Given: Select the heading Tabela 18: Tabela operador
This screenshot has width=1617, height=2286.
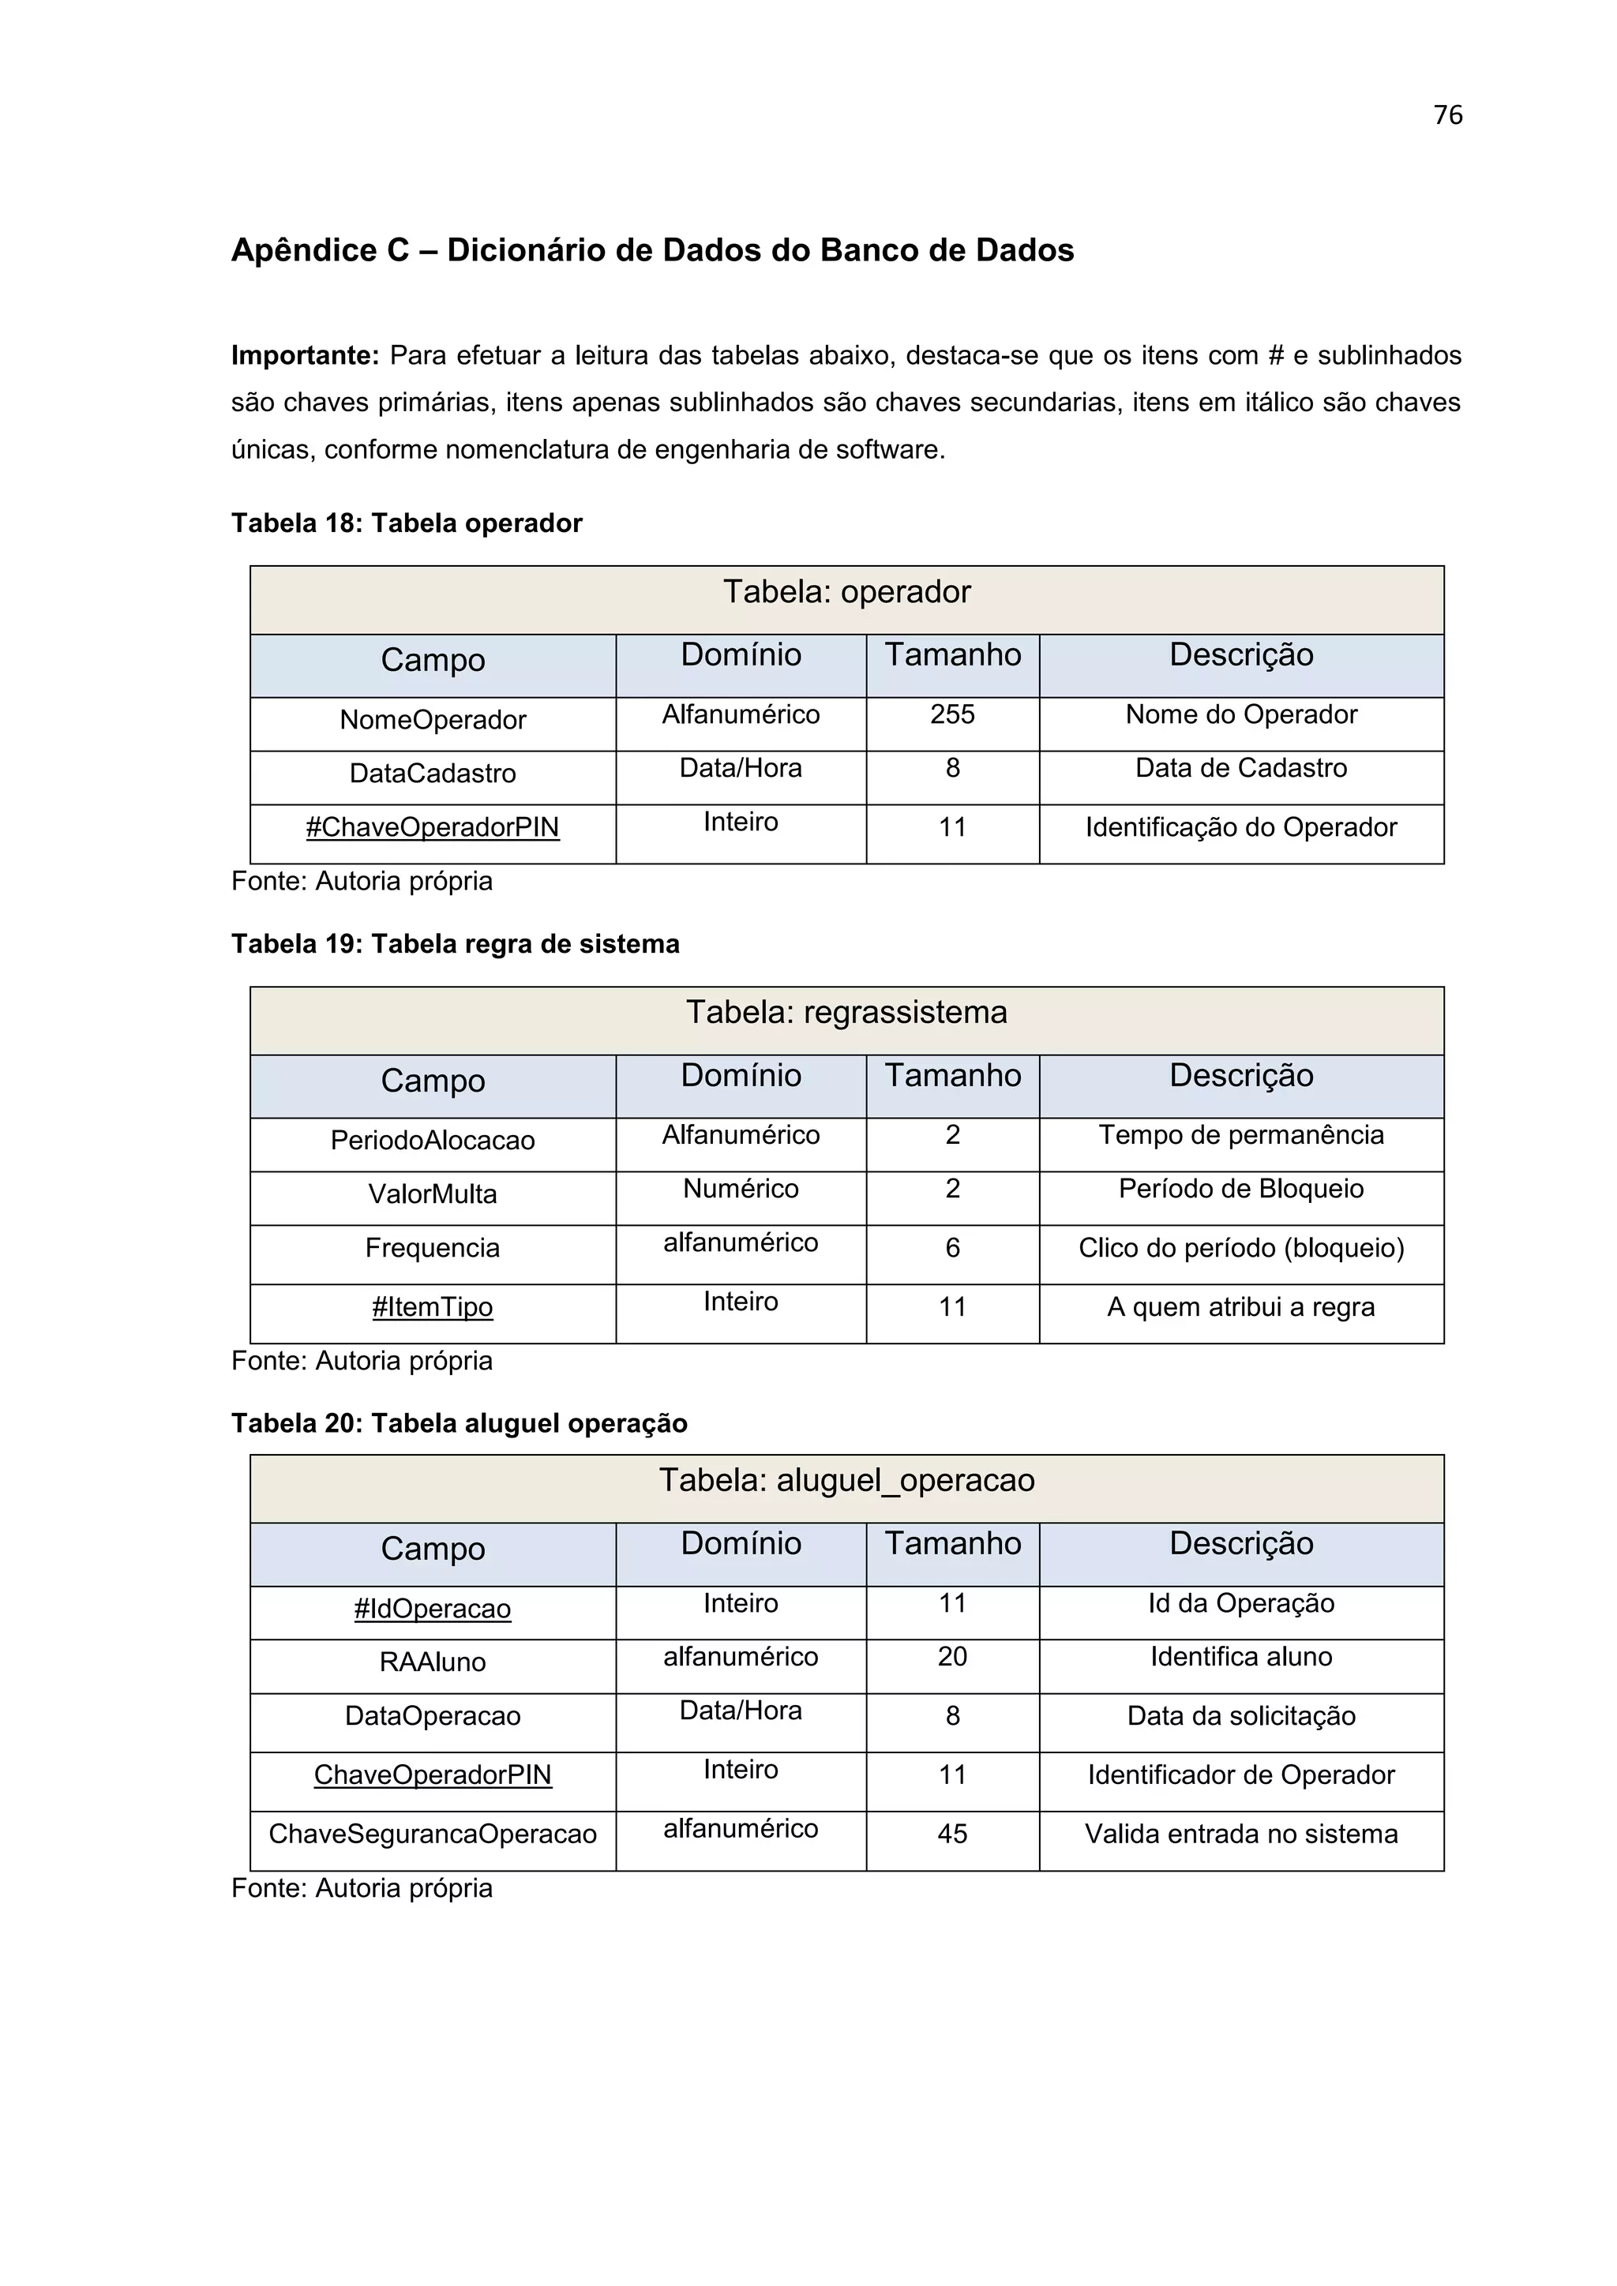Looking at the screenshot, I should click(407, 523).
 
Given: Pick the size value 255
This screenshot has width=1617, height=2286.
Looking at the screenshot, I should click(952, 715).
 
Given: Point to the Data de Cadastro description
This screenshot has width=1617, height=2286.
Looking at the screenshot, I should click(1240, 769).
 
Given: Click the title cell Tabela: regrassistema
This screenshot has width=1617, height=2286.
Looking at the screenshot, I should click(846, 1013).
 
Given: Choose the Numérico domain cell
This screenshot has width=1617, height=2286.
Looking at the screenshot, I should click(740, 1189).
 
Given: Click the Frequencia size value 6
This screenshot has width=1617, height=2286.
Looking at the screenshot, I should click(952, 1249).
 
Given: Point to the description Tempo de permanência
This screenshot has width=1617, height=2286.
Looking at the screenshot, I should click(1240, 1135).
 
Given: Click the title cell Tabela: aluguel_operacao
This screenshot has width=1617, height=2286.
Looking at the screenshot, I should click(846, 1481).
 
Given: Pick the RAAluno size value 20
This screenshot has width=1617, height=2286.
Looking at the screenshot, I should click(952, 1657).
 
